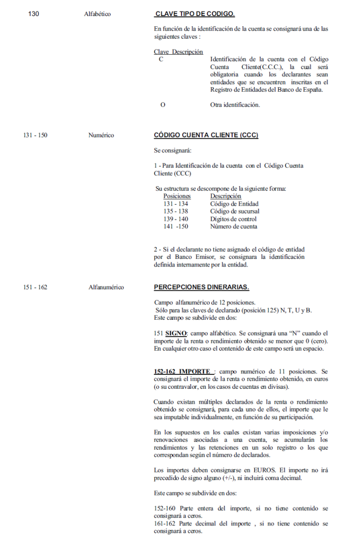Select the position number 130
point(34,14)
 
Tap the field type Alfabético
point(97,14)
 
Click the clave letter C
point(161,60)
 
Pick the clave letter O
point(163,105)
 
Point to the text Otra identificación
point(235,105)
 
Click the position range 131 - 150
point(35,135)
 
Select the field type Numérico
point(101,135)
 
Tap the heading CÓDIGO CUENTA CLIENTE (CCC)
point(206,135)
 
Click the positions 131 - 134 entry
point(175,204)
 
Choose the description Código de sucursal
point(235,211)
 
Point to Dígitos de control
point(234,219)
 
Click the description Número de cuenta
point(234,226)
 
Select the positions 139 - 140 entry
point(175,219)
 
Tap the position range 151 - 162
point(35,287)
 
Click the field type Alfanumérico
point(106,287)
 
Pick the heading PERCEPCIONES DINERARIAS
point(201,287)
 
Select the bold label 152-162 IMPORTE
point(184,371)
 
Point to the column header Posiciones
point(177,196)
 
